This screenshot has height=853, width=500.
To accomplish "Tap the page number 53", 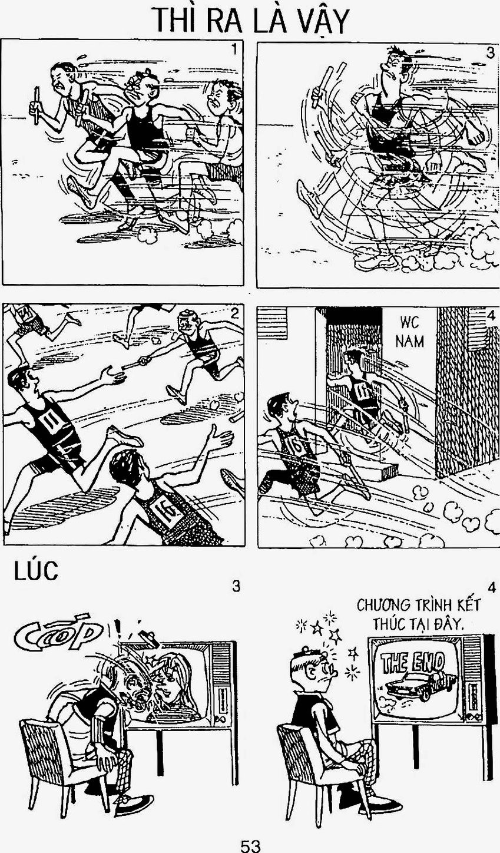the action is point(250,845).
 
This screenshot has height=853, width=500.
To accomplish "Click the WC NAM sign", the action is point(409,332).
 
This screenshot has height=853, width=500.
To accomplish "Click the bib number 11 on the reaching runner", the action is point(50,420).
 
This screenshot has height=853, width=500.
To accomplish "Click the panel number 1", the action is point(236,49).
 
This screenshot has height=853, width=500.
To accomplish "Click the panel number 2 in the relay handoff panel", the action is point(235,313).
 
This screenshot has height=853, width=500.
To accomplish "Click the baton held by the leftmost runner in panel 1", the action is point(36,105).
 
